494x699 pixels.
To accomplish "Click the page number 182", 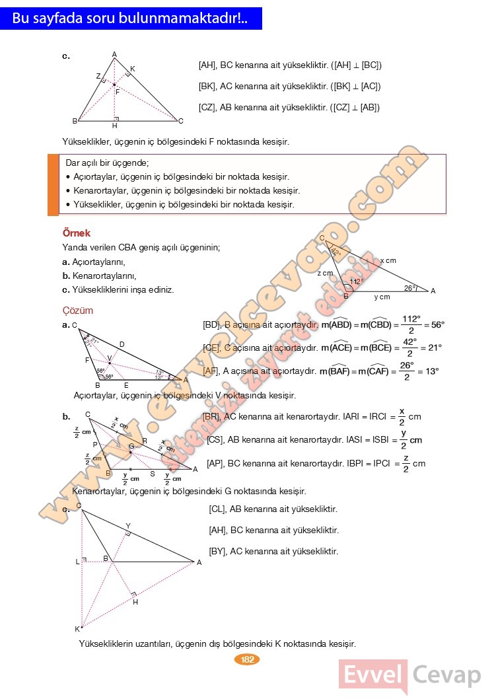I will (248, 659).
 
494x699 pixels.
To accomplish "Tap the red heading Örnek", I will (76, 233).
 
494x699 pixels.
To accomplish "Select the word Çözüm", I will (77, 311).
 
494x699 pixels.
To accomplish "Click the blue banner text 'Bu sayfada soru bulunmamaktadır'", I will (130, 19).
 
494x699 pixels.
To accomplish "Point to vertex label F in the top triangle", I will (118, 92).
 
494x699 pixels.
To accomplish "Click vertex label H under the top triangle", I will (114, 126).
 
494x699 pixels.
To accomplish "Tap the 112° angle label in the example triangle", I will (356, 281).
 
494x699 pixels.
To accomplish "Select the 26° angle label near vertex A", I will (410, 287).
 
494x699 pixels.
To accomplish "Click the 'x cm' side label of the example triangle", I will (388, 261).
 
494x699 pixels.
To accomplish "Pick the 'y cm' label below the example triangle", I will (382, 297).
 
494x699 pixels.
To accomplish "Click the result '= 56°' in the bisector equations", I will (434, 325).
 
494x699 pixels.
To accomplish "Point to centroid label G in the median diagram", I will (131, 447).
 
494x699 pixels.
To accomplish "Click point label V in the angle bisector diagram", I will (110, 357).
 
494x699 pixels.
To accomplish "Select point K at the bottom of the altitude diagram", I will (77, 628).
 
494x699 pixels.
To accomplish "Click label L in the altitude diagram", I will (77, 561).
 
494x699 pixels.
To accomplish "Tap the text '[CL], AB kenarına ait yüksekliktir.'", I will (273, 509).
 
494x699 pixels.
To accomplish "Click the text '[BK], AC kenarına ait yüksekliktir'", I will (289, 87).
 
